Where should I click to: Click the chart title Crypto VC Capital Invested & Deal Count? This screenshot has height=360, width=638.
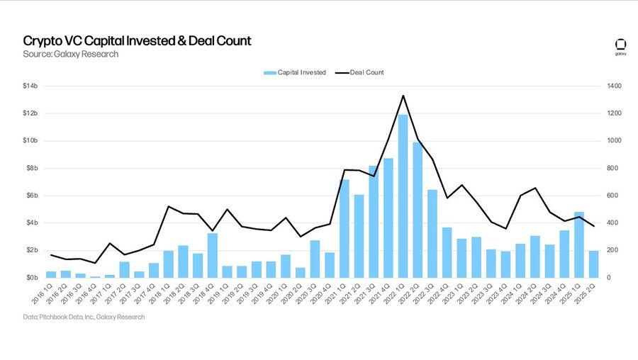tap(137, 41)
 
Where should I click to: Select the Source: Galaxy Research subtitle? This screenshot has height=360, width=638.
tap(70, 54)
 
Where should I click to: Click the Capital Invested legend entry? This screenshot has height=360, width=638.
tap(294, 72)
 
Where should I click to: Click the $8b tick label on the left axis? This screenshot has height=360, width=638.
tap(32, 168)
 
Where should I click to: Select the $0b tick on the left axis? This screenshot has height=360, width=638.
tap(32, 277)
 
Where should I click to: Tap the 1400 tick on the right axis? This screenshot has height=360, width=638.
tap(613, 86)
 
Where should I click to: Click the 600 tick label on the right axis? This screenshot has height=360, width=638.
tap(612, 196)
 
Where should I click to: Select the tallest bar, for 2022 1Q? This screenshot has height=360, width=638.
tap(403, 196)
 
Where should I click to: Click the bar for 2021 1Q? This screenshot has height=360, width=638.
tap(345, 228)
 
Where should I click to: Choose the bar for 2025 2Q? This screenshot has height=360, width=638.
tap(593, 264)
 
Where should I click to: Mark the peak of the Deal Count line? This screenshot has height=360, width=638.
tap(403, 96)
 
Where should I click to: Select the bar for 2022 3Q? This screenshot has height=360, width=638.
tap(432, 233)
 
